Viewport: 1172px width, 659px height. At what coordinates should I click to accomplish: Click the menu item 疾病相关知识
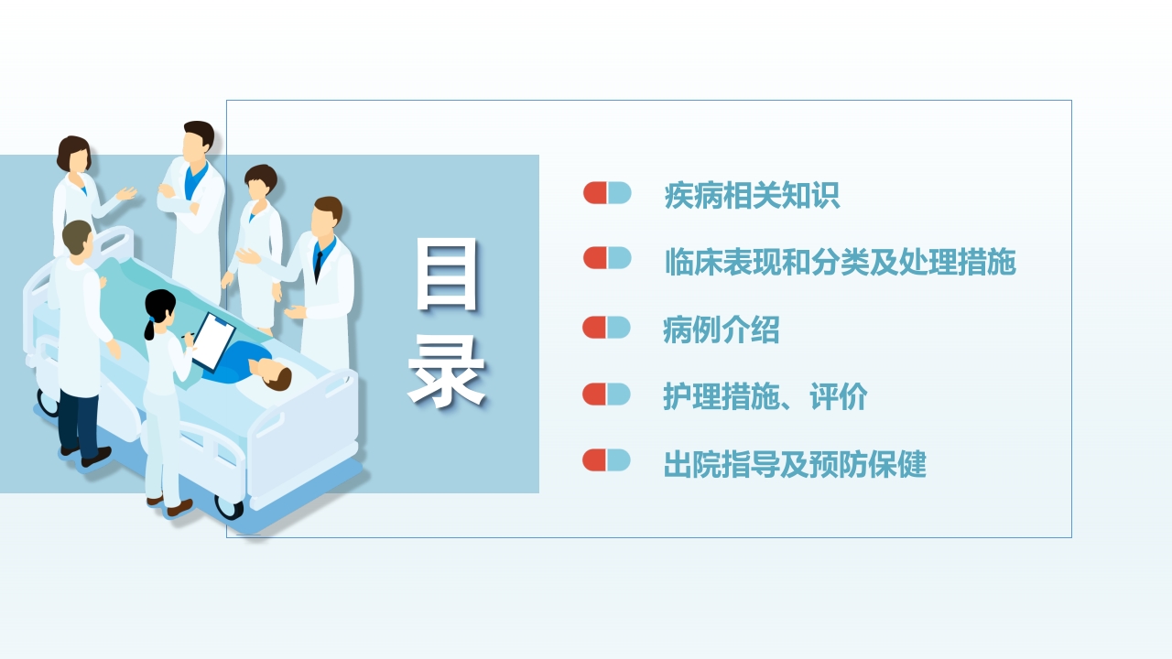[x=752, y=196]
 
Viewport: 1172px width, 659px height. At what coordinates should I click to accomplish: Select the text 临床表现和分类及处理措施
[x=840, y=263]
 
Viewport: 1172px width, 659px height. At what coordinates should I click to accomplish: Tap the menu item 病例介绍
[x=721, y=329]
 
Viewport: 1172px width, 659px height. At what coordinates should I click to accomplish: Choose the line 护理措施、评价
[x=765, y=397]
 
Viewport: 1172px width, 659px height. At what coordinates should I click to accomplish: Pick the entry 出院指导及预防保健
[x=795, y=464]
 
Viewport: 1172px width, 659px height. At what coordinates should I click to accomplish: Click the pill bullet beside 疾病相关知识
[x=607, y=193]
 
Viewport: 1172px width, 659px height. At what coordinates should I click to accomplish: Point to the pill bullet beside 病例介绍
[x=607, y=327]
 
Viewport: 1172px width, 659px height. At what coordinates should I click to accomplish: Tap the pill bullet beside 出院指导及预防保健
[x=607, y=460]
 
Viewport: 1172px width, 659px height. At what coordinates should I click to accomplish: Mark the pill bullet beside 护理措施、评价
[x=607, y=394]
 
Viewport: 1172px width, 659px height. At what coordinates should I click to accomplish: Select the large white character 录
[x=447, y=371]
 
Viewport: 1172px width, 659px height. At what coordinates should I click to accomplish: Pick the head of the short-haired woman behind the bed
[x=260, y=183]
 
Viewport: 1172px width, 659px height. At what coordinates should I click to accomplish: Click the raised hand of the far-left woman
[x=127, y=193]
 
